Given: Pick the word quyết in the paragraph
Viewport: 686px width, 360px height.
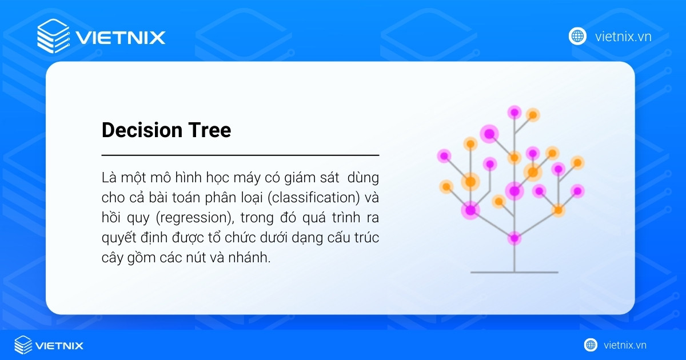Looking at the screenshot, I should tap(117, 238).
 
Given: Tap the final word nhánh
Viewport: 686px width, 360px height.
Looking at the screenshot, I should tap(250, 258).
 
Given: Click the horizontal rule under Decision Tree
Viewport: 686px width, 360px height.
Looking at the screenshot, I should tap(240, 155).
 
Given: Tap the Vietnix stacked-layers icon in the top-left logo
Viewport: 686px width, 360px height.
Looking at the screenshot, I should tap(53, 36).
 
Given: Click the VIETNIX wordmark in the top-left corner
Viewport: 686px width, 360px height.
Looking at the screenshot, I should tap(120, 38).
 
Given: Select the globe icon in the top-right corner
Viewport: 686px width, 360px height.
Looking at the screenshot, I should tap(577, 36).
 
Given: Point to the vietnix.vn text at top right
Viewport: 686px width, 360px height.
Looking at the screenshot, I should tap(623, 37).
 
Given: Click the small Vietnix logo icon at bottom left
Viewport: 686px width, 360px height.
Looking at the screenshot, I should tap(23, 345).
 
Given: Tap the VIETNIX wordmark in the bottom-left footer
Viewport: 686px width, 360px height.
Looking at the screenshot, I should tap(59, 346).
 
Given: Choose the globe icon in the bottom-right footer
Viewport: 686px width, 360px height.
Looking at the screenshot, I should tap(591, 345).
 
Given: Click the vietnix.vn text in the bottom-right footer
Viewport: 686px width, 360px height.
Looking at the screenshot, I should tap(625, 345).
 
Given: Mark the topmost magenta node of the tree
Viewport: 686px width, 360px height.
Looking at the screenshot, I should tap(514, 112).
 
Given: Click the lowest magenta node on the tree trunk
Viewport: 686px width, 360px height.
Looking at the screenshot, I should tap(514, 238).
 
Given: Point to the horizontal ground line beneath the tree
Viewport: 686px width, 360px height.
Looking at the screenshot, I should tap(514, 272).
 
